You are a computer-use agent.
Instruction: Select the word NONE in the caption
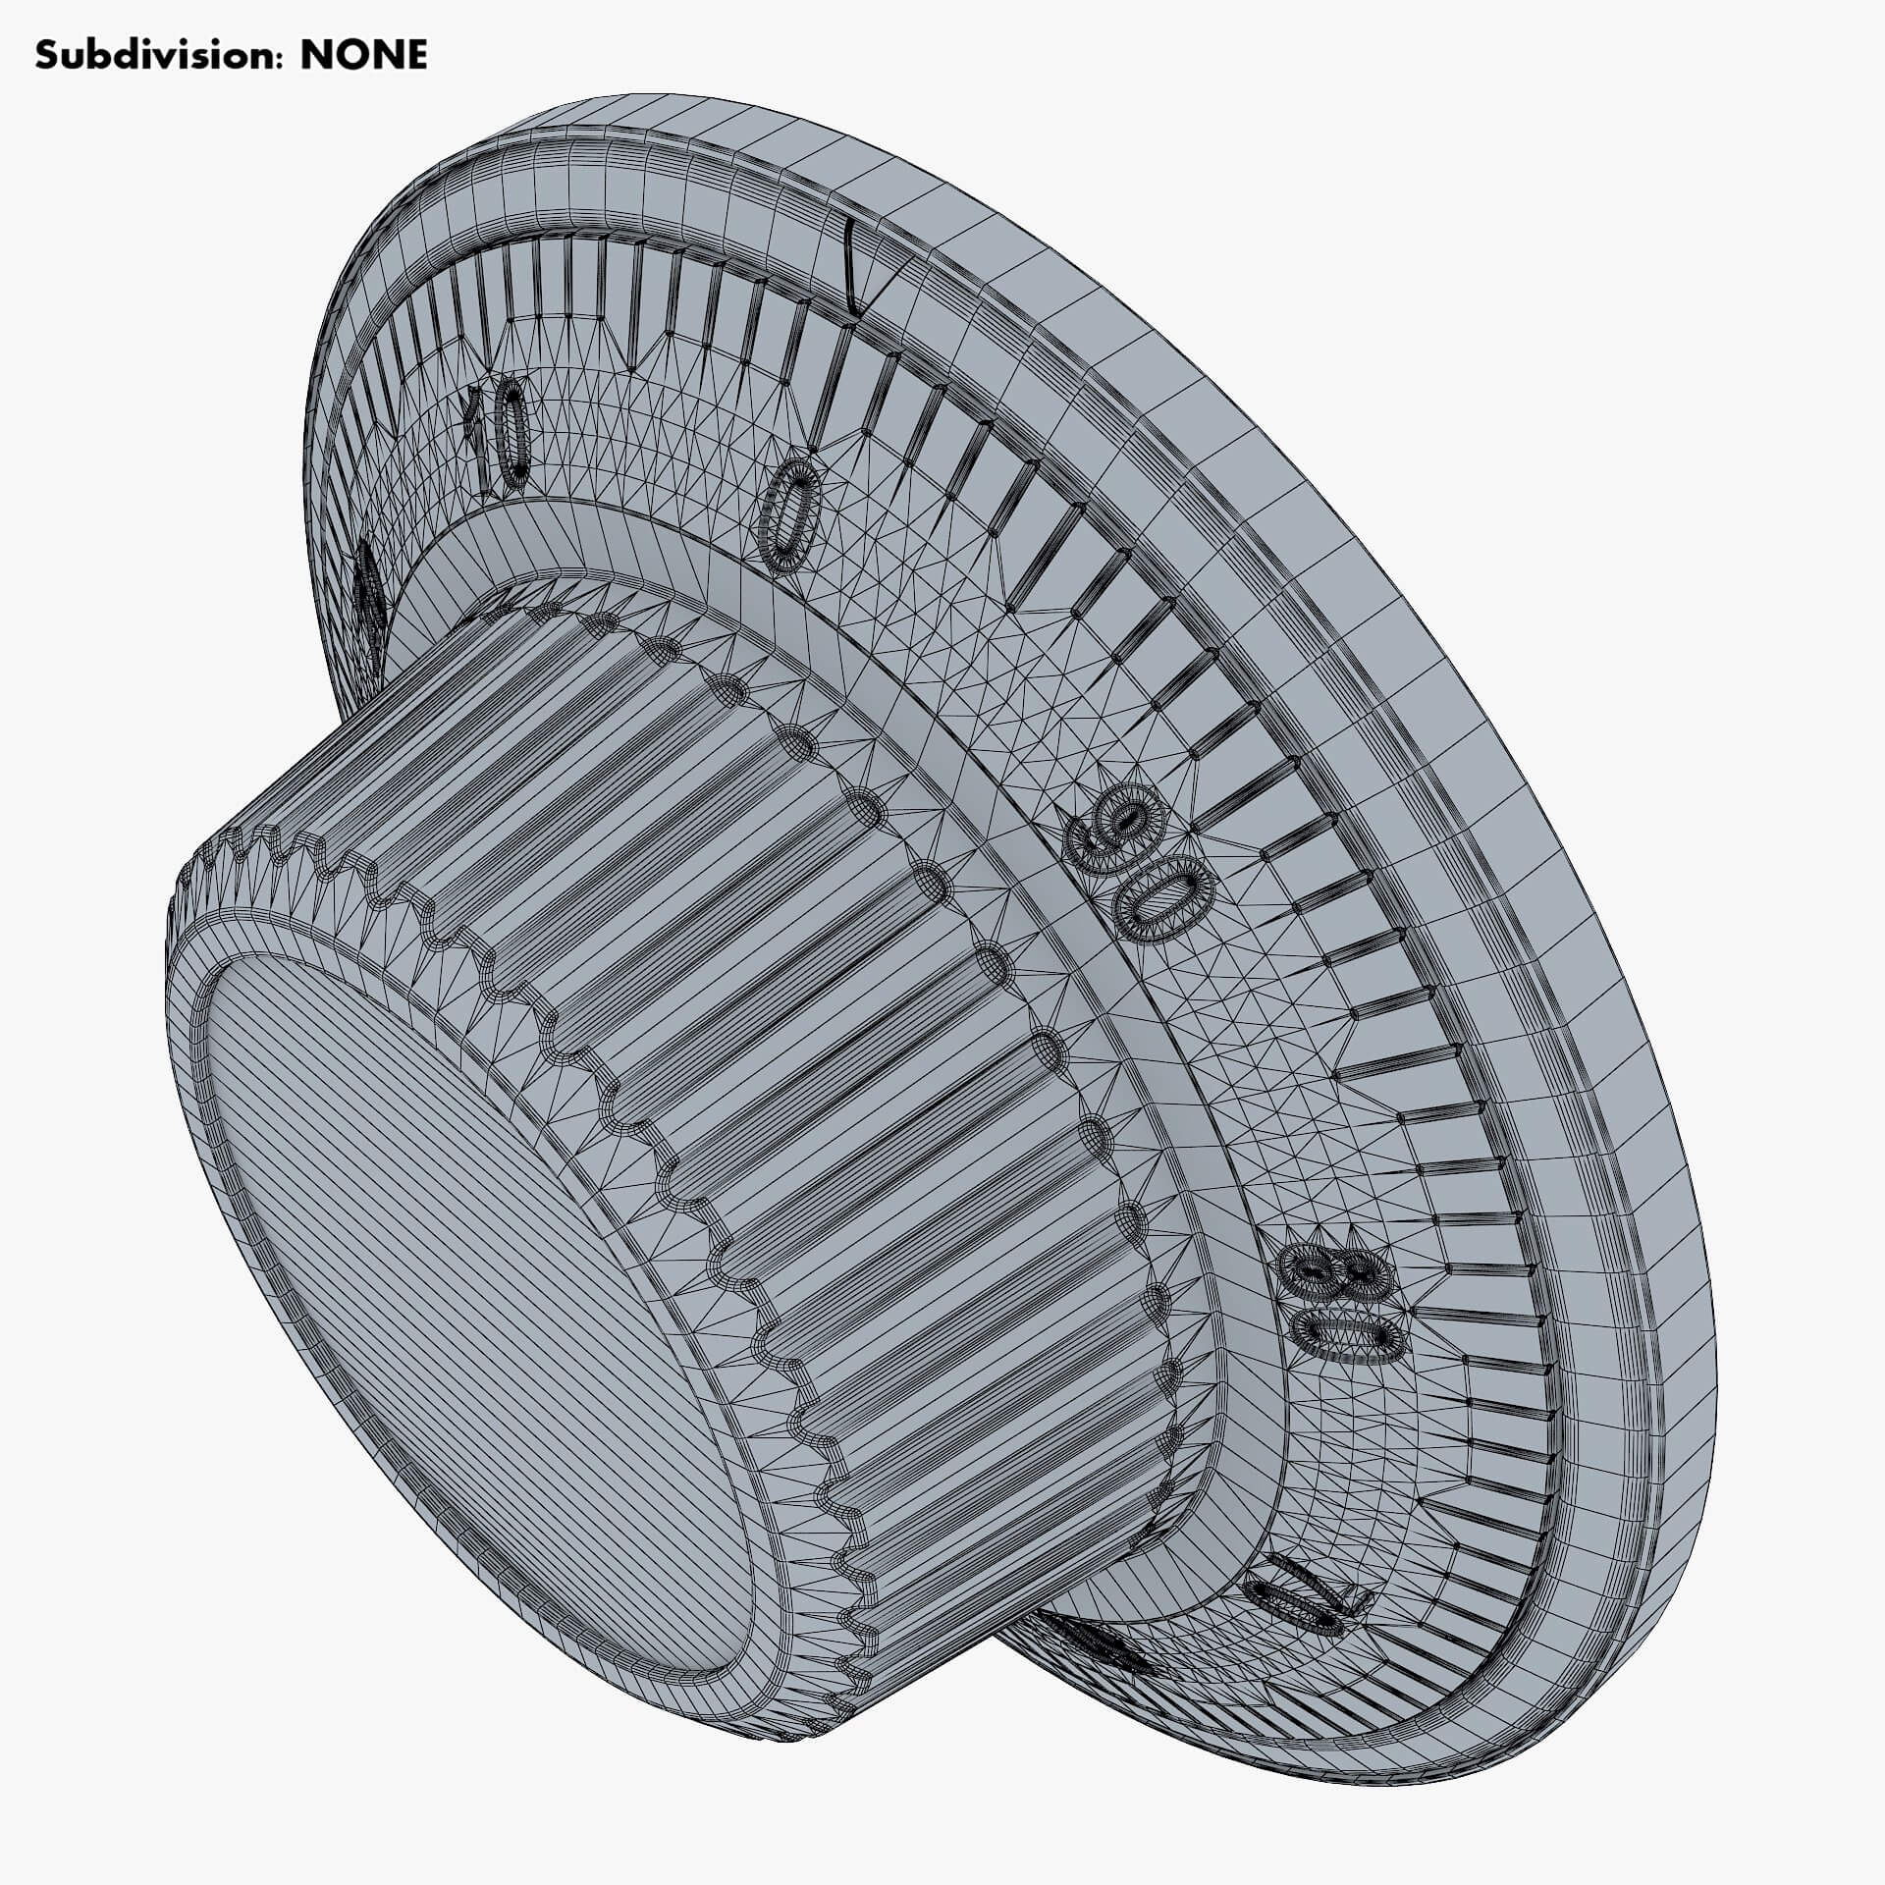tap(363, 55)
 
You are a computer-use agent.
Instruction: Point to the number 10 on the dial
tap(499, 435)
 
